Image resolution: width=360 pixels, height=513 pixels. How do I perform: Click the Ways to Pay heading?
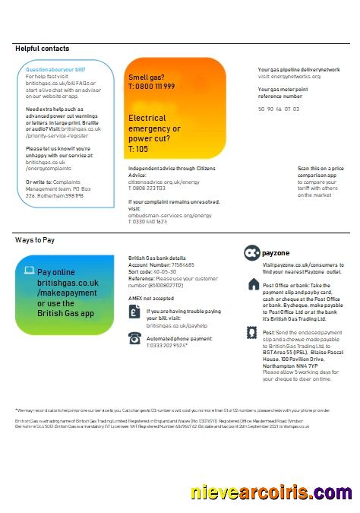pyautogui.click(x=35, y=239)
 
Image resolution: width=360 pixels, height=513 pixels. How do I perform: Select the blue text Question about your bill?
pyautogui.click(x=49, y=70)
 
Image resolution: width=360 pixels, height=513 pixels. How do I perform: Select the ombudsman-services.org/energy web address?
pyautogui.click(x=170, y=215)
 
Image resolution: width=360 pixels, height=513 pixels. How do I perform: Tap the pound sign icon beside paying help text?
pyautogui.click(x=134, y=313)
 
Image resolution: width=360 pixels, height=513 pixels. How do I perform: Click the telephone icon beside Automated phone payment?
pyautogui.click(x=134, y=338)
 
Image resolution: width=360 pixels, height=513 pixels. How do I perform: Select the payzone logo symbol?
pyautogui.click(x=251, y=253)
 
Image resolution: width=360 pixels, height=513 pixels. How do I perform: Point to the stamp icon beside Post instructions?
pyautogui.click(x=253, y=333)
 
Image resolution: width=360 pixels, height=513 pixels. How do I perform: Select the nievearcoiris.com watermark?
pyautogui.click(x=271, y=492)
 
